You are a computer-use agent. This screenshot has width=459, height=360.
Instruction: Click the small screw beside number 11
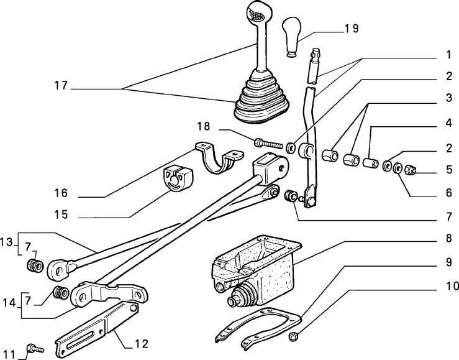tap(34, 350)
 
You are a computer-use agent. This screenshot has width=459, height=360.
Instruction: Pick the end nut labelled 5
tap(411, 169)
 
